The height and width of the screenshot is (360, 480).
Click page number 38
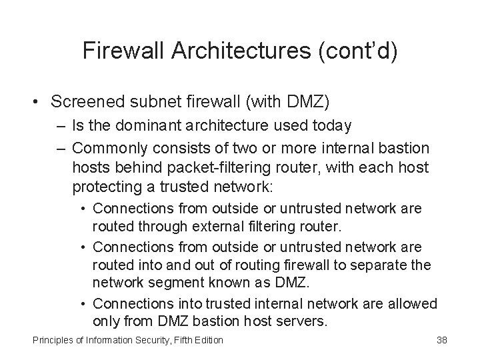coord(441,341)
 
